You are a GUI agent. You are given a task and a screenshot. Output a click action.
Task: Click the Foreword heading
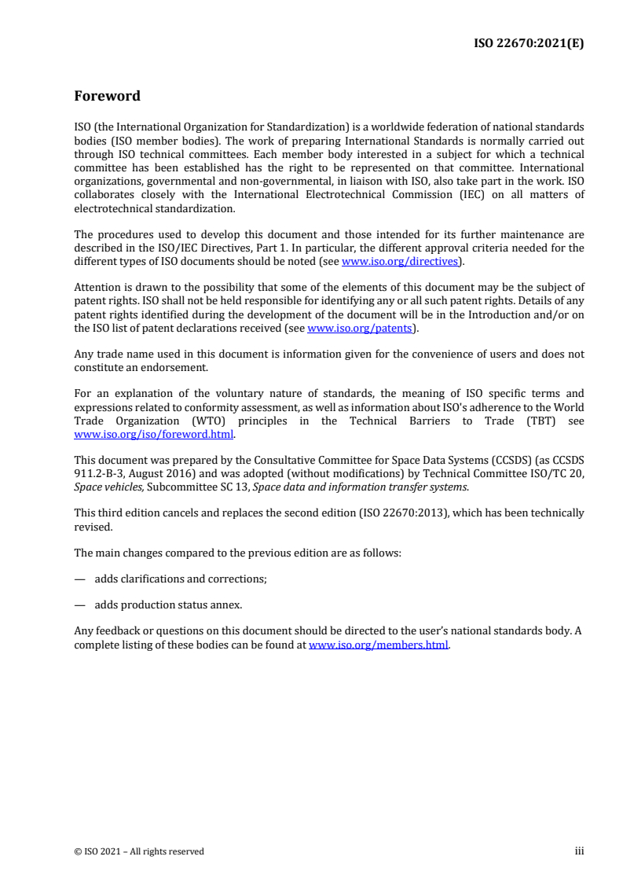[x=107, y=97]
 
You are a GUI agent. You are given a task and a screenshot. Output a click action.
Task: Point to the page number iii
[x=579, y=851]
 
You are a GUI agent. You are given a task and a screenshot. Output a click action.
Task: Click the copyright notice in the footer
[x=139, y=851]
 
